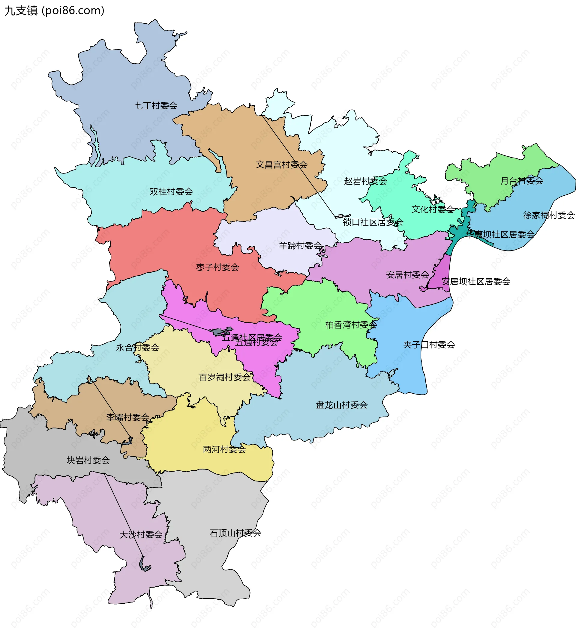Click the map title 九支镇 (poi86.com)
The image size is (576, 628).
coord(54,10)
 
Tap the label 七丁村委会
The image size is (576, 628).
coord(156,105)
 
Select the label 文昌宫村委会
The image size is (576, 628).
coord(282,164)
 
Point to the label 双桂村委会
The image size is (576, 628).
coord(171,191)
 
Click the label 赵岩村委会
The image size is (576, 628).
coord(365,181)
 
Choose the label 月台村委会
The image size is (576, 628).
coord(522,181)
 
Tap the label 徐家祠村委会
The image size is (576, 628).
coord(549,215)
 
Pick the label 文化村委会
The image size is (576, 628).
coord(433,209)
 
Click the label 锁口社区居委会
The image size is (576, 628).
coord(373,222)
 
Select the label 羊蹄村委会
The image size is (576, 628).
coord(300,245)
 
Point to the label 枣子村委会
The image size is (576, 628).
coord(217,267)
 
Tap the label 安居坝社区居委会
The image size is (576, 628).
coord(476,282)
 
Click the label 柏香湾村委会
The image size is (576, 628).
coord(351,325)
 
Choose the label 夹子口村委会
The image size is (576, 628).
coord(429,345)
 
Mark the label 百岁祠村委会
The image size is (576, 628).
coord(224,377)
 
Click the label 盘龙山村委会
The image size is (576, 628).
coord(341,405)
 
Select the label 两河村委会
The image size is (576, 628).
coord(224,449)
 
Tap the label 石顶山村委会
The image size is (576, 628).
coord(235,533)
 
